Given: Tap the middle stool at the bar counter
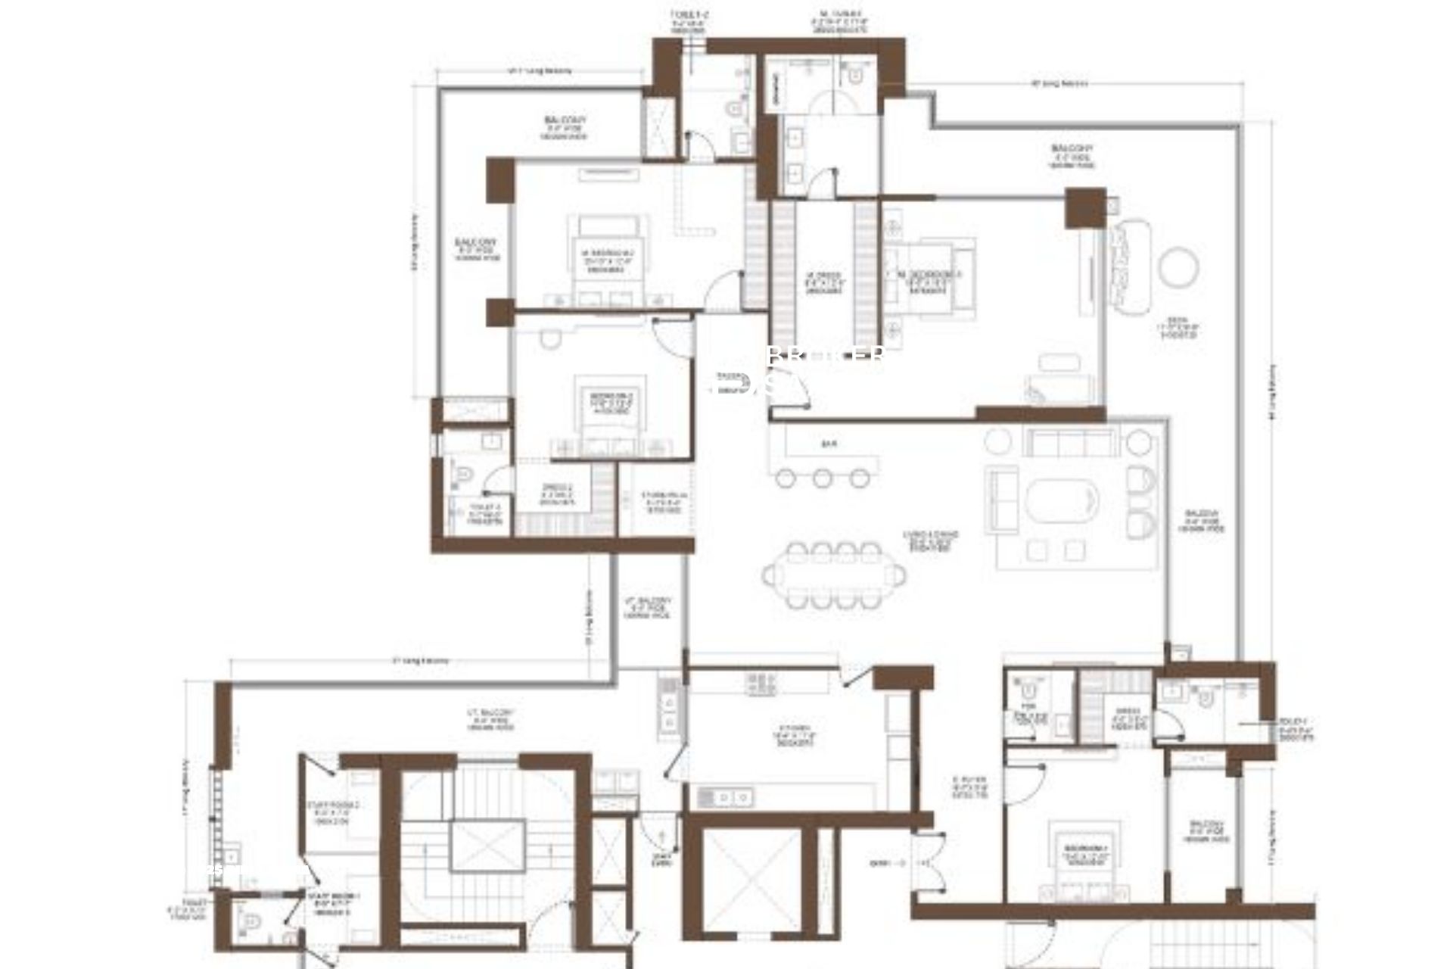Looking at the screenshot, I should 822,478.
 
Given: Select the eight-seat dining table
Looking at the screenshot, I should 834,575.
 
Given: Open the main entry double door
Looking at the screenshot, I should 926,863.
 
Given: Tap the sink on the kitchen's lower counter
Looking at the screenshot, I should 724,796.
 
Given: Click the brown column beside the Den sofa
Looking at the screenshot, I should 1085,207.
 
